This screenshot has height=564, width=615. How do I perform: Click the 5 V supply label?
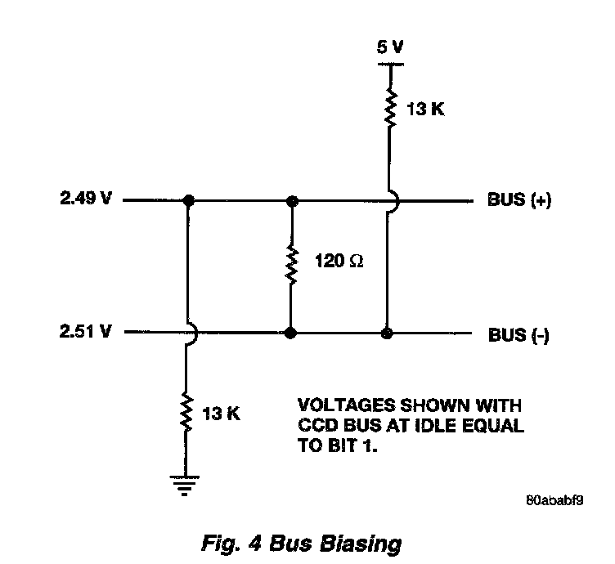389,47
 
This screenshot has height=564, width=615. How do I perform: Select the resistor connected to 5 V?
389,107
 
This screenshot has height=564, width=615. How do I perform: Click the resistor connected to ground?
187,414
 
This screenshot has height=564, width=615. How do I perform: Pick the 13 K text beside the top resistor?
426,109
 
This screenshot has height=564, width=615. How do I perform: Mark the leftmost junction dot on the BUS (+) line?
188,200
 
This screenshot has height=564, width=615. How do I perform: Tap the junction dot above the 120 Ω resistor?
290,200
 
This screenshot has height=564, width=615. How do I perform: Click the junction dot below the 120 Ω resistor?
290,333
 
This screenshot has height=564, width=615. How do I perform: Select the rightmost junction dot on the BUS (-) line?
388,333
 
